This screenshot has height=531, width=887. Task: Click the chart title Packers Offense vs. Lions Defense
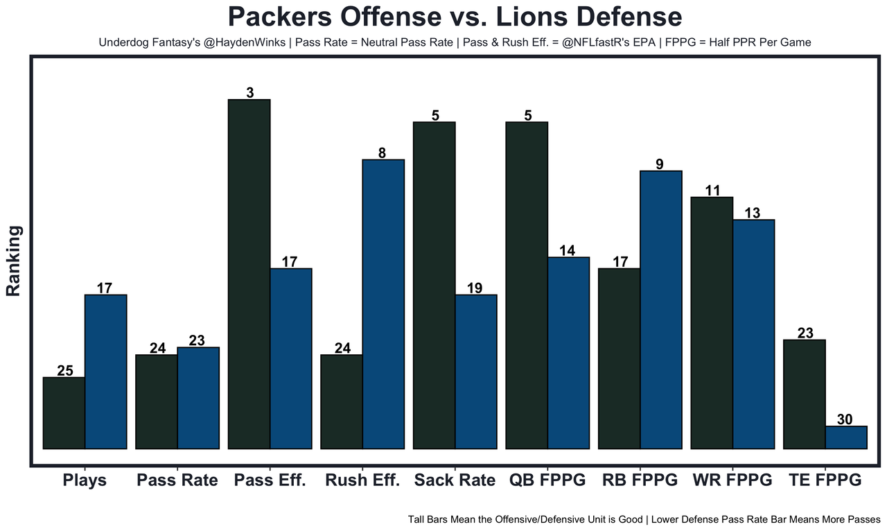pos(455,17)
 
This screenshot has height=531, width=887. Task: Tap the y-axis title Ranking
pos(14,261)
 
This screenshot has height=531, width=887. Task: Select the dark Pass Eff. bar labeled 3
pos(249,274)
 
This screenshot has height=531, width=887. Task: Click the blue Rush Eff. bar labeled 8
pos(383,304)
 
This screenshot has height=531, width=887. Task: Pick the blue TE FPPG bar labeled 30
pos(845,437)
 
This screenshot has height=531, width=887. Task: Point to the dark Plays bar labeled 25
pos(64,413)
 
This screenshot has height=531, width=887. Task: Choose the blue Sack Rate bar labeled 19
pos(476,372)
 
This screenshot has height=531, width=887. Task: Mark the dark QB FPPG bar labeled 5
pos(527,285)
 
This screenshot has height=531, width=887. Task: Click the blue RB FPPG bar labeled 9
pos(661,309)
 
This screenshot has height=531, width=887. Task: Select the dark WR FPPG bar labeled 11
pos(712,322)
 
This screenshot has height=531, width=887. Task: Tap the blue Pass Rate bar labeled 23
pos(198,398)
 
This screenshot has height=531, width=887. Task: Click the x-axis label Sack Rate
pos(455,480)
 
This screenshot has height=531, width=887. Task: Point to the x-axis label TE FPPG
pos(825,480)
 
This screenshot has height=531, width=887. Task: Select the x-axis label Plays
pos(85,480)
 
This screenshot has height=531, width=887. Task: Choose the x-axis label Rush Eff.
pos(362,480)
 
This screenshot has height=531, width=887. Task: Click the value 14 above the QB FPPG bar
pos(567,250)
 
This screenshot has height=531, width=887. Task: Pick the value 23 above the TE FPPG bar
pos(805,333)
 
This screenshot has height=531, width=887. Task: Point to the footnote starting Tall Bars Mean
pos(644,519)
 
